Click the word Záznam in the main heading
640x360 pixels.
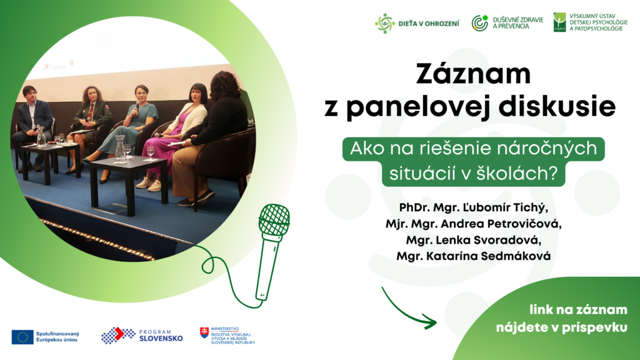(473, 74)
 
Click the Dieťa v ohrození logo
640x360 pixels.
(417, 23)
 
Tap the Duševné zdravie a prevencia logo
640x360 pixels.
(507, 23)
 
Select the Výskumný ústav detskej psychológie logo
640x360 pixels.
(590, 22)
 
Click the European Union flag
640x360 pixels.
(22, 337)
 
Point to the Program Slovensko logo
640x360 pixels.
(142, 336)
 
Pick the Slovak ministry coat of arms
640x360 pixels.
(204, 332)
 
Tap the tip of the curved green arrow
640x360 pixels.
(436, 322)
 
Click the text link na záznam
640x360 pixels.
(578, 310)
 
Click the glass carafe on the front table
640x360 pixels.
(120, 149)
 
